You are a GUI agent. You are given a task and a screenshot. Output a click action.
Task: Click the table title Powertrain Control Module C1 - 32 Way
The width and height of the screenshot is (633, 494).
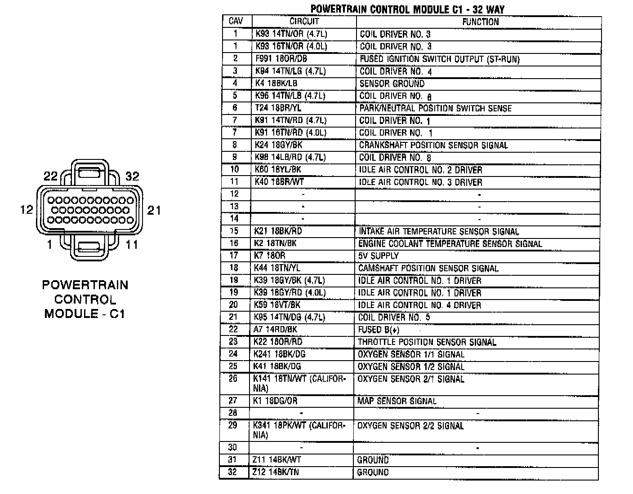click(407, 9)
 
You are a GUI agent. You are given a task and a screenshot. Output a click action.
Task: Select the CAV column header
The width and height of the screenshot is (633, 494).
click(236, 21)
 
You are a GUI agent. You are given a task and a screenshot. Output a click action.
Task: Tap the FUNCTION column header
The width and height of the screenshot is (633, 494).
click(480, 22)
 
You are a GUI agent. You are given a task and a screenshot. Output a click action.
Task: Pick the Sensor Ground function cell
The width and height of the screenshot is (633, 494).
click(392, 84)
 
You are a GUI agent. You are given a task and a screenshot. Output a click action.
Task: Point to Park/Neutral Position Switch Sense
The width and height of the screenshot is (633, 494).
click(435, 108)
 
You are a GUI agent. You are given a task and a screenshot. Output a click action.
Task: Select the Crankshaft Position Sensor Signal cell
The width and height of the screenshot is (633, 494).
click(433, 146)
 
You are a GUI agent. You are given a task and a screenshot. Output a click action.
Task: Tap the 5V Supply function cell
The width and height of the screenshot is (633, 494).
click(378, 256)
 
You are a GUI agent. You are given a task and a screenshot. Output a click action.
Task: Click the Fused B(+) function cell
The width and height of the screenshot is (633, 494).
click(378, 330)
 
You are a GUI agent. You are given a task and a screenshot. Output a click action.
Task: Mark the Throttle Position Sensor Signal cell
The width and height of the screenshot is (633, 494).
click(427, 342)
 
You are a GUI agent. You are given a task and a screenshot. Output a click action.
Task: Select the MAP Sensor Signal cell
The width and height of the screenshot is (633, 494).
click(397, 401)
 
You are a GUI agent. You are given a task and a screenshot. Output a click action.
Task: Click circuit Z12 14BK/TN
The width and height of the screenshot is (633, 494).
click(276, 472)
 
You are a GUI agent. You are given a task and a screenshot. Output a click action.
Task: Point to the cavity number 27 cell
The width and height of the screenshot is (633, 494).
click(232, 401)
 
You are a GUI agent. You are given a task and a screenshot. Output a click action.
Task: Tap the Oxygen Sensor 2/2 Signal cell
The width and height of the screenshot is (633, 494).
click(410, 426)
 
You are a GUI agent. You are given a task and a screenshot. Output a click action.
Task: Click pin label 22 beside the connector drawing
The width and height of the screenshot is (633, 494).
click(50, 176)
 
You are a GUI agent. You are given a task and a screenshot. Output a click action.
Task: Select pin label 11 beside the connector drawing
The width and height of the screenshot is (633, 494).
click(131, 245)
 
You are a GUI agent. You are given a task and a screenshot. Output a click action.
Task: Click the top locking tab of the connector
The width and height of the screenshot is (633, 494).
click(90, 172)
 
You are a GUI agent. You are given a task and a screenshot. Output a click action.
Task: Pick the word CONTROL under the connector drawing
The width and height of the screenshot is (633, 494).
click(85, 300)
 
